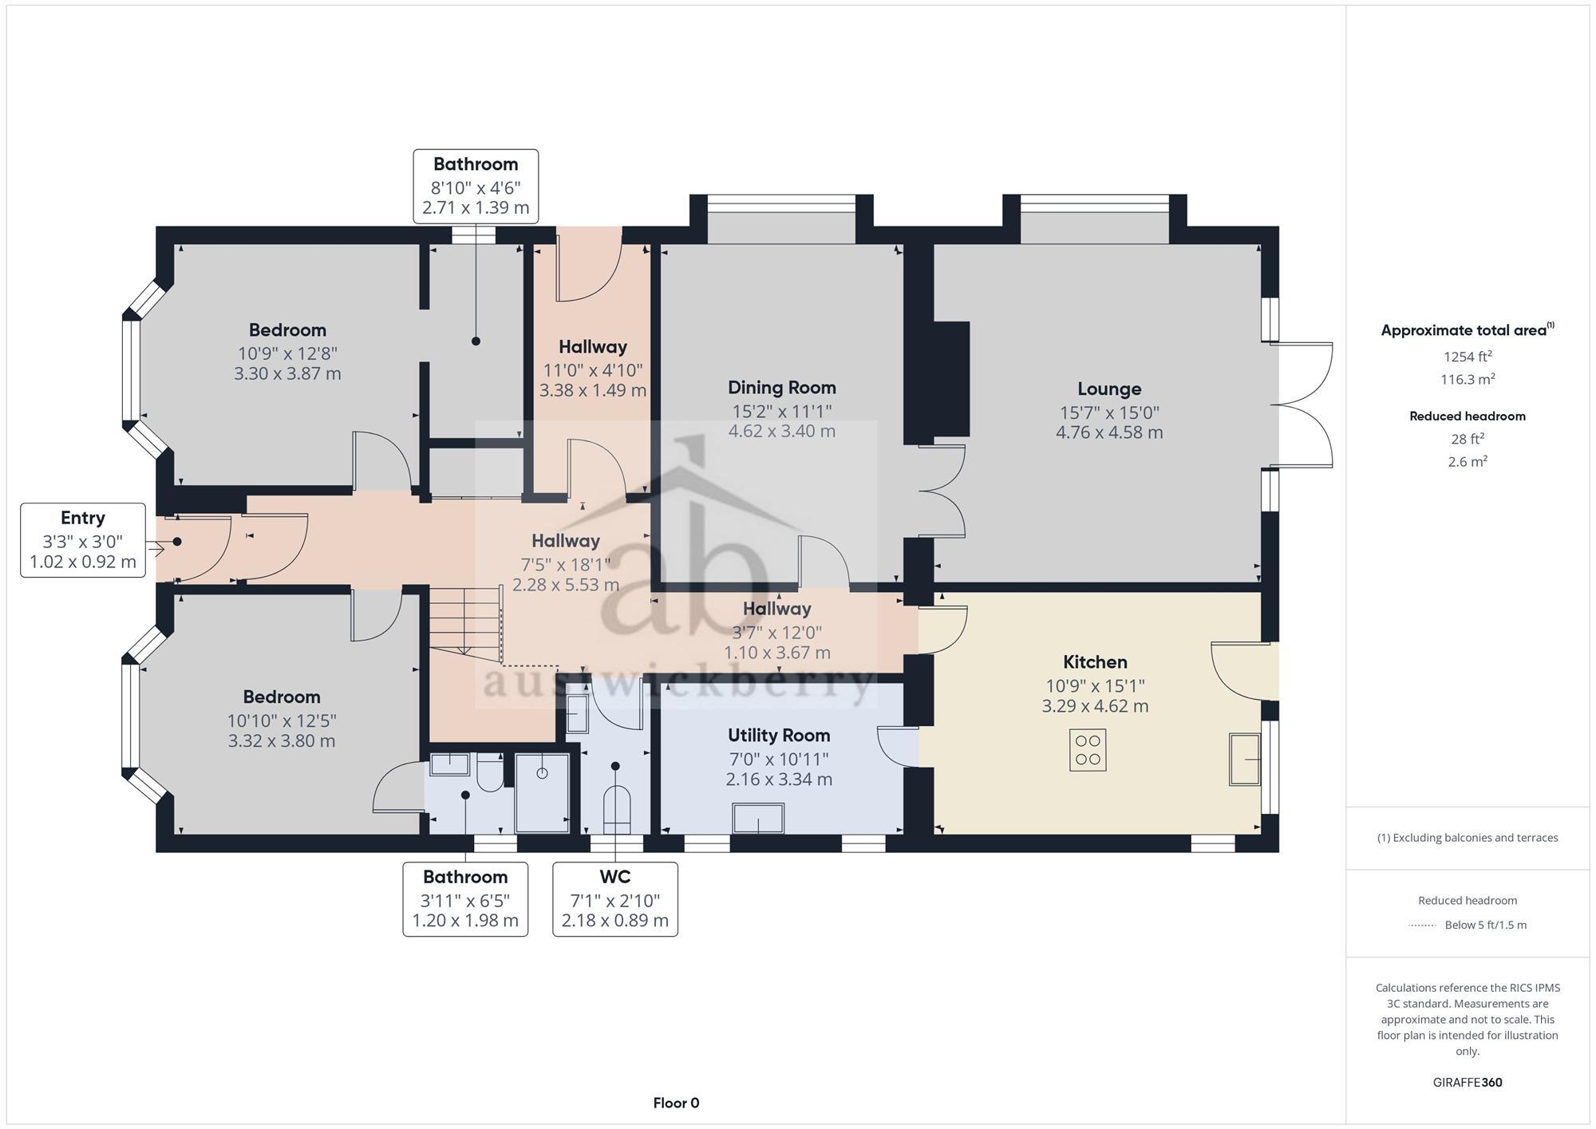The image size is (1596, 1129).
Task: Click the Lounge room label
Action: (x=1109, y=389)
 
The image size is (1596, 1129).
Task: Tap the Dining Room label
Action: (x=782, y=388)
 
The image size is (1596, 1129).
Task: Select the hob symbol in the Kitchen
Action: (x=1088, y=750)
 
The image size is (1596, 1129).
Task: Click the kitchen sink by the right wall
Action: (x=1245, y=759)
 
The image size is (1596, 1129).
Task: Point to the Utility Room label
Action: (x=779, y=736)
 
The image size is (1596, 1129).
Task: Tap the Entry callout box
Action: (x=83, y=540)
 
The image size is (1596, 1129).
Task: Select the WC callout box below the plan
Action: (x=615, y=899)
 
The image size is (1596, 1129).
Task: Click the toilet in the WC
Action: (x=616, y=807)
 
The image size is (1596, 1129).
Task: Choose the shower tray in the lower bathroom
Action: (x=543, y=792)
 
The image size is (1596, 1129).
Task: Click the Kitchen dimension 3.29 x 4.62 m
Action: (x=1095, y=706)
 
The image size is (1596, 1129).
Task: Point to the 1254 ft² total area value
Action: (x=1468, y=357)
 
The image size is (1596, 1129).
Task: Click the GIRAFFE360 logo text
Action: (x=1468, y=1083)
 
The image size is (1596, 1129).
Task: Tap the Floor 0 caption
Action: (x=676, y=1103)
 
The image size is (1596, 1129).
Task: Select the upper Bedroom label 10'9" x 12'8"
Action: (x=287, y=353)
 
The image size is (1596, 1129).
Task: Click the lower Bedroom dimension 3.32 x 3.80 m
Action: (x=282, y=741)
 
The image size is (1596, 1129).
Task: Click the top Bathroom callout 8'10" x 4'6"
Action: (x=476, y=186)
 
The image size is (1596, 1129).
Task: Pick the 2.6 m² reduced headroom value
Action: (x=1468, y=462)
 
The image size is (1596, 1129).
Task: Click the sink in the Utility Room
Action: (x=758, y=819)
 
